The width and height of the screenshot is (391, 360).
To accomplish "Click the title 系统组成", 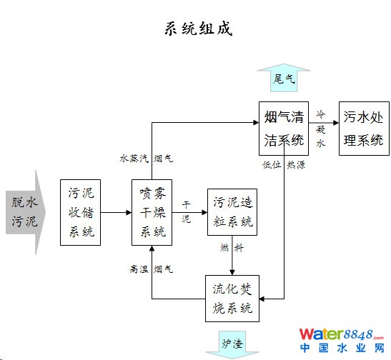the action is pos(199,29).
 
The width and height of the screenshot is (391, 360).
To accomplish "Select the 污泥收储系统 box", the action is pos(80,213).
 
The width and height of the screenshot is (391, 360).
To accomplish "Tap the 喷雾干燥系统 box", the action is pos(152,213).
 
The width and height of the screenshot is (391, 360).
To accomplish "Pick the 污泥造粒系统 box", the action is pos(232,212).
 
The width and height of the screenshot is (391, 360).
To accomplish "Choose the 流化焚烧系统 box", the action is pos(232,299).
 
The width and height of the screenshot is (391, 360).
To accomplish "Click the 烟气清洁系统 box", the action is pos(284,129).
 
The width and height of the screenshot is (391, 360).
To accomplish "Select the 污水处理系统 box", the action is pos(364,129).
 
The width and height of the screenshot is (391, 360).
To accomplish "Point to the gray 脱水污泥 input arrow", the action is pos(26,213).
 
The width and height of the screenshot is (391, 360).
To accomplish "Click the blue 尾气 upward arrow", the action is pos(284,78).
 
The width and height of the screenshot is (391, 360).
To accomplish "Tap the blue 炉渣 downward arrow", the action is pos(232,345).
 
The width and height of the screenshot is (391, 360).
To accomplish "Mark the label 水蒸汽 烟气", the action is pos(147,158).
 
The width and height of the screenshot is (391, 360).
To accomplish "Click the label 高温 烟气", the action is pos(151,269).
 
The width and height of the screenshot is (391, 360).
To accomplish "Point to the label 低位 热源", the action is pos(284,165).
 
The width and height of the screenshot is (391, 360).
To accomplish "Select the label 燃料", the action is pos(232,248).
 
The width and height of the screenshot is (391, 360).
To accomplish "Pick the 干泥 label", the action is pos(186,212).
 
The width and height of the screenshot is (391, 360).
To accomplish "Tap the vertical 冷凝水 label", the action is pos(321,129).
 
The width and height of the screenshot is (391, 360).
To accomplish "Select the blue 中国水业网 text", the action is pos(342,348).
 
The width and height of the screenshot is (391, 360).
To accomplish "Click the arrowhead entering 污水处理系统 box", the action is pos(336,123).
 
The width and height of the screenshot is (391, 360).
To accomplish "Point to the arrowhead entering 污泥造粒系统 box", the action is pos(204,213).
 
